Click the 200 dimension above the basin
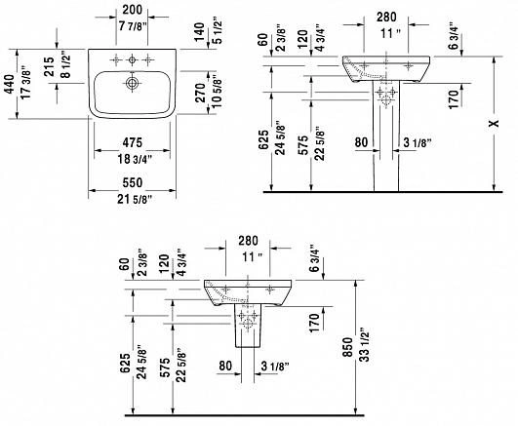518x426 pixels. click(132, 10)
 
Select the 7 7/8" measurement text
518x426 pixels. click(132, 26)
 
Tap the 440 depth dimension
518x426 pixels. click(10, 84)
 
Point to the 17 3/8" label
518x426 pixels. click(25, 85)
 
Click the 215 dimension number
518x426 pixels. click(49, 66)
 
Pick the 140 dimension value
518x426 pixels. click(199, 32)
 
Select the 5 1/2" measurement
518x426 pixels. click(217, 30)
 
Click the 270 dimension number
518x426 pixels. click(200, 93)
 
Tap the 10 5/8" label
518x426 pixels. click(217, 92)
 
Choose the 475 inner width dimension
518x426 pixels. click(133, 142)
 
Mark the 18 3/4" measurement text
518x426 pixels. click(135, 159)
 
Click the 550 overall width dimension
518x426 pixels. click(133, 182)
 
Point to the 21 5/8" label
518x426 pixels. click(135, 199)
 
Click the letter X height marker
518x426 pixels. click(495, 123)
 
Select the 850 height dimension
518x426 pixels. click(347, 347)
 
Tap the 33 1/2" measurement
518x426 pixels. click(365, 344)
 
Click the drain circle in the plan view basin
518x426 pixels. click(132, 83)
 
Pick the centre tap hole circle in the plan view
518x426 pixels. click(132, 59)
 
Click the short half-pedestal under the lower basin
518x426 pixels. click(248, 326)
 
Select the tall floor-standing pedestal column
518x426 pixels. click(386, 136)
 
